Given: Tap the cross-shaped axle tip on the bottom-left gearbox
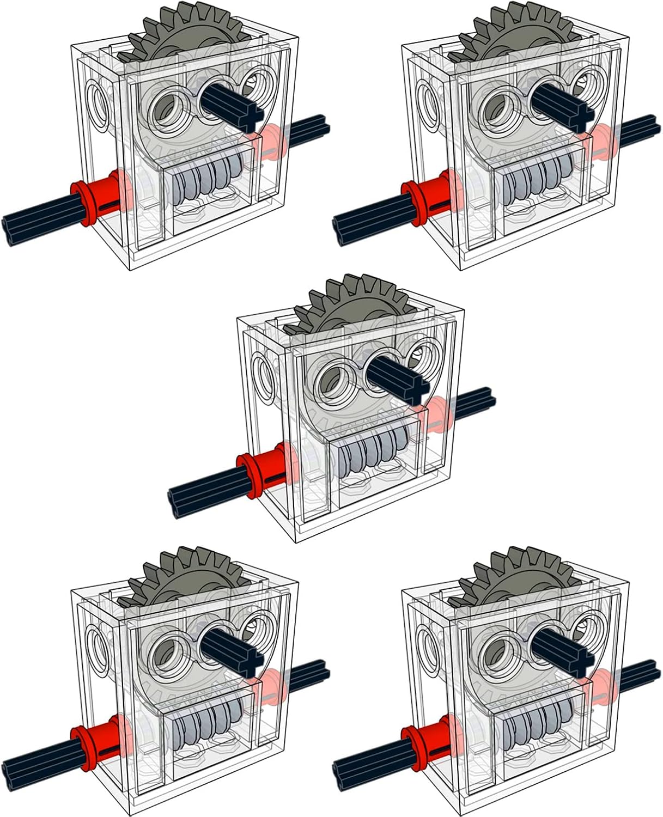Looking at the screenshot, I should tap(250, 661).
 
